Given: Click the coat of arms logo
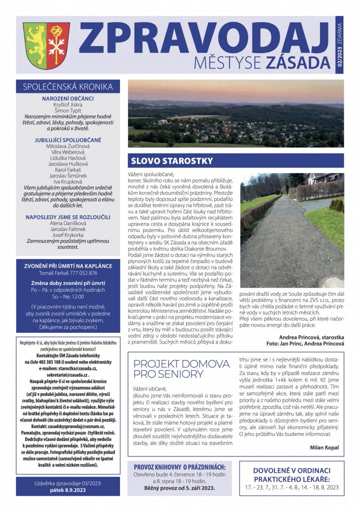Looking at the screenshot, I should click(x=46, y=46).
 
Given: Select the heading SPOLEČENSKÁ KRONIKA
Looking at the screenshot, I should click(x=68, y=86).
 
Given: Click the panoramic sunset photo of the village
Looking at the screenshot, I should click(x=235, y=114).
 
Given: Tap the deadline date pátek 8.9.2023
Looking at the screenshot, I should click(x=68, y=490).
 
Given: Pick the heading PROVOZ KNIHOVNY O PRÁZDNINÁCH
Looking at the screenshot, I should click(x=179, y=466).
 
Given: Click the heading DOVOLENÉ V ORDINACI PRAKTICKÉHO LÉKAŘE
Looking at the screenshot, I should click(x=291, y=474).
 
